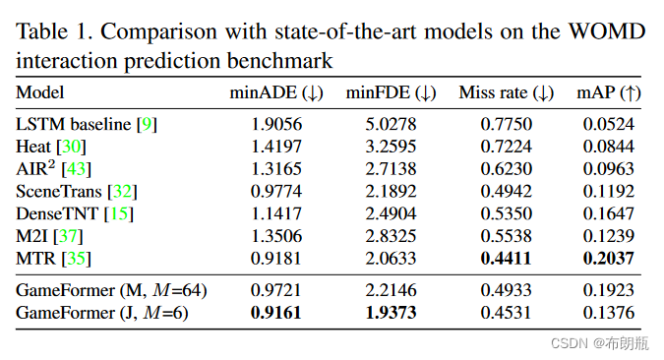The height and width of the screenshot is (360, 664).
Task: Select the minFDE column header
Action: (391, 93)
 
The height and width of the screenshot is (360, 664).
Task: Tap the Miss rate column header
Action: (507, 93)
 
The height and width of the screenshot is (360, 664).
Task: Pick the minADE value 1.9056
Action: (275, 125)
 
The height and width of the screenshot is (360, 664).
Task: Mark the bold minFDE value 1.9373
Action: (391, 313)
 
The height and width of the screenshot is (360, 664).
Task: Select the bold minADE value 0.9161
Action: (275, 313)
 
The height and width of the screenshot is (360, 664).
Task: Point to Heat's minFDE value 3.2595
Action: (391, 147)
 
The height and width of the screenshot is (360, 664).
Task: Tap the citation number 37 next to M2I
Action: (73, 235)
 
